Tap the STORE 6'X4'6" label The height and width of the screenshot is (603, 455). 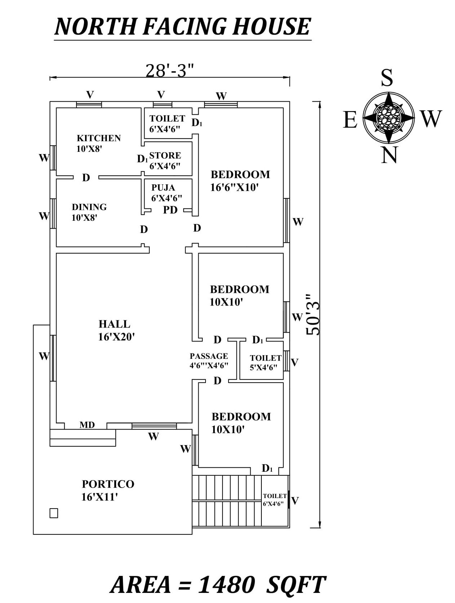pyautogui.click(x=165, y=160)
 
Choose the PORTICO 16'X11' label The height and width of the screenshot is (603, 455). pyautogui.click(x=108, y=490)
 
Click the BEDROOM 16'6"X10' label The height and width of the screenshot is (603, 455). pyautogui.click(x=240, y=180)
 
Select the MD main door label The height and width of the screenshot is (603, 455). pyautogui.click(x=87, y=425)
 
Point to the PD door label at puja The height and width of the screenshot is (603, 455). pyautogui.click(x=170, y=210)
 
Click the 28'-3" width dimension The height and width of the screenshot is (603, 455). pyautogui.click(x=169, y=71)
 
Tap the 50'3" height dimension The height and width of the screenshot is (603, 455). pyautogui.click(x=313, y=314)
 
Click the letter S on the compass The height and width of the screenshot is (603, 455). pyautogui.click(x=386, y=78)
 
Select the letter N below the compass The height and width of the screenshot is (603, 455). pyautogui.click(x=389, y=155)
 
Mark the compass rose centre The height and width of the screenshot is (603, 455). pyautogui.click(x=388, y=117)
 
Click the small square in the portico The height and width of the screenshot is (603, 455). pyautogui.click(x=54, y=513)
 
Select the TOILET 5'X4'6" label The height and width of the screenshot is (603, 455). pyautogui.click(x=265, y=362)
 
